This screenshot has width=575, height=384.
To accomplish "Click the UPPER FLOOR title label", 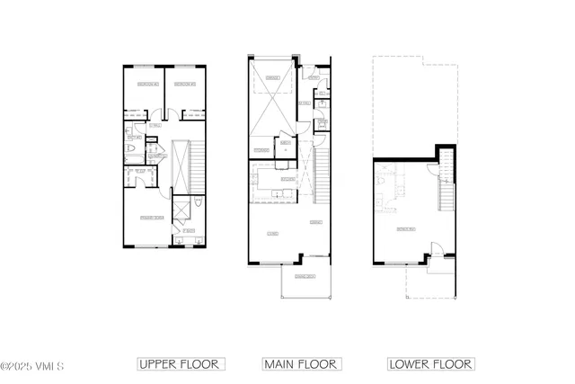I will pos(181,364).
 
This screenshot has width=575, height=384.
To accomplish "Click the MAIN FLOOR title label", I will pos(301,364).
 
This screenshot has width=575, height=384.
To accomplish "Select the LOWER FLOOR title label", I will pos(430,364).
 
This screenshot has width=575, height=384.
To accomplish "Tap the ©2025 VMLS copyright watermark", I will pos(32,366).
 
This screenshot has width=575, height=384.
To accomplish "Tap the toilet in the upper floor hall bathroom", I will pos(130,149).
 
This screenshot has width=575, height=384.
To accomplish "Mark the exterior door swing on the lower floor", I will pos(436,249).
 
